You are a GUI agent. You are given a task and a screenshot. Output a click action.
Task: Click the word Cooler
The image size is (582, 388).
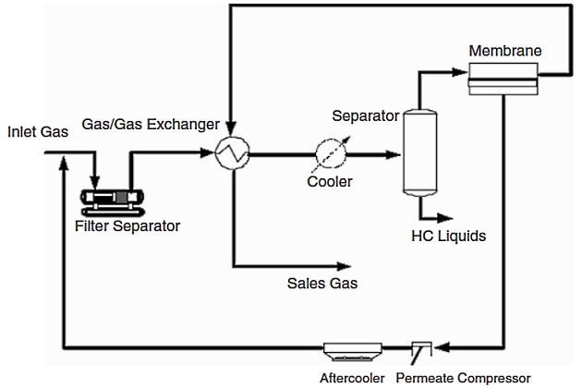point(330,182)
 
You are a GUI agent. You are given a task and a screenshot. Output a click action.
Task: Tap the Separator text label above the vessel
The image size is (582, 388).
point(366,116)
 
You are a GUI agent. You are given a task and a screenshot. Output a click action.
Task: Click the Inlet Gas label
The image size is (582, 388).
point(34,132)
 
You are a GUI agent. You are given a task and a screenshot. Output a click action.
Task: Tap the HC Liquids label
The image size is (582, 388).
point(448,236)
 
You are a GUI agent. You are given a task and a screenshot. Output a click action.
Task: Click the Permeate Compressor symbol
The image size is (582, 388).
point(420,349)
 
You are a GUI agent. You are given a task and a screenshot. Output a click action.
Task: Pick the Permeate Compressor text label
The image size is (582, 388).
point(463,377)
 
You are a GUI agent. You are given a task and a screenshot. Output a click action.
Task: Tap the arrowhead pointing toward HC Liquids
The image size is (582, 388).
point(447,216)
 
